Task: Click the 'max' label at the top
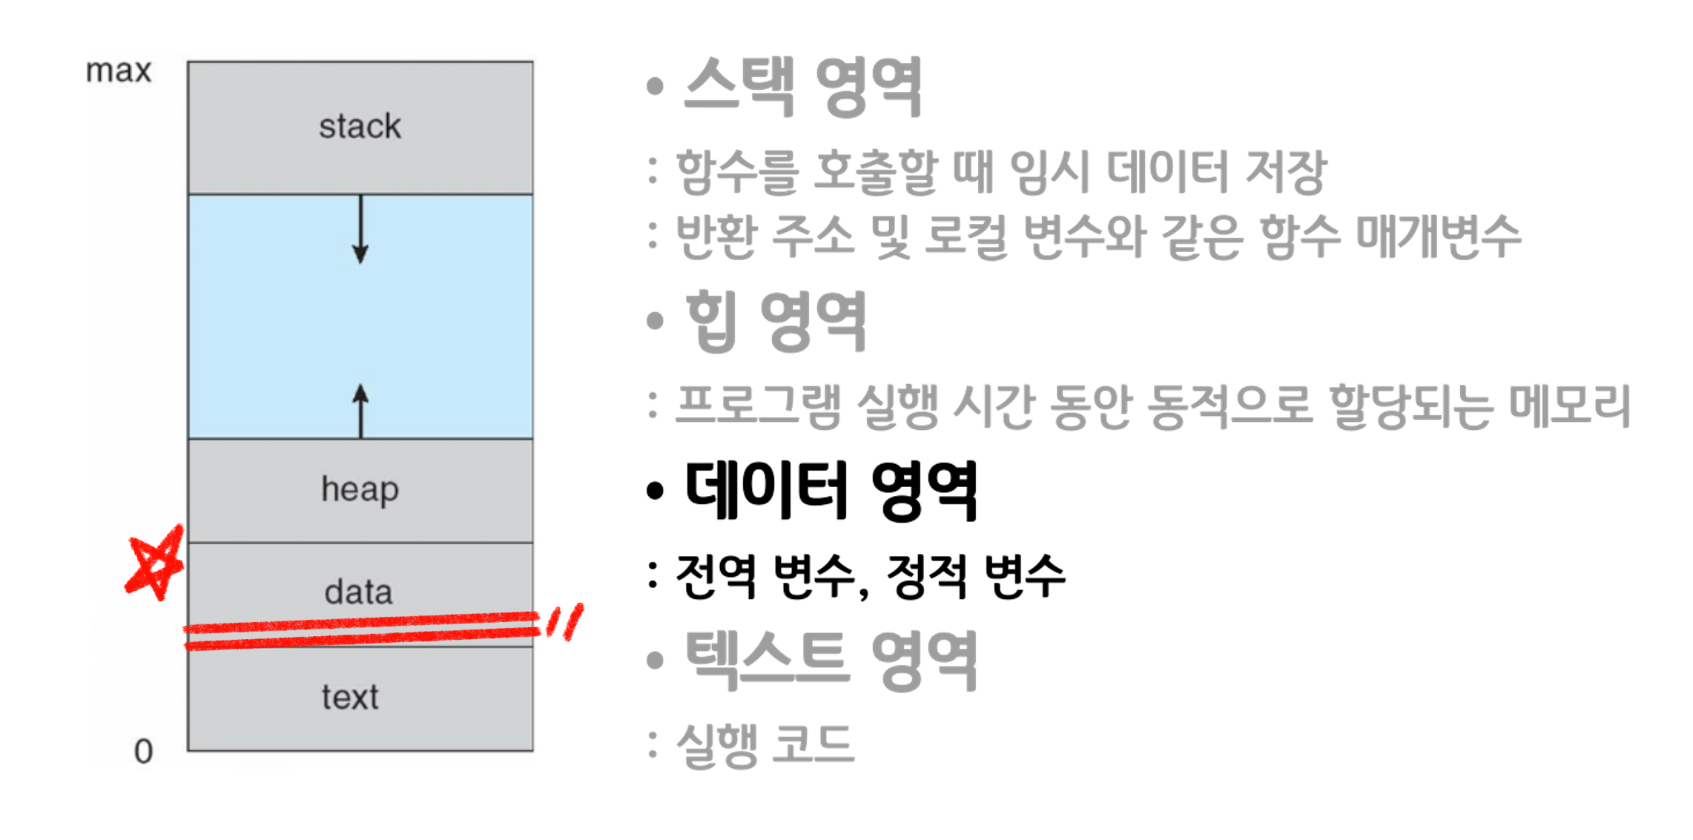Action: [119, 72]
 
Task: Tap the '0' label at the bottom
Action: [143, 751]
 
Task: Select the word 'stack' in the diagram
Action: [360, 127]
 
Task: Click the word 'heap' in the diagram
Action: [360, 490]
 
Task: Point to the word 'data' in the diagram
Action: [358, 592]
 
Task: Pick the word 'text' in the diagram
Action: [350, 697]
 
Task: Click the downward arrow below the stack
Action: [360, 230]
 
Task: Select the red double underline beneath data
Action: [363, 630]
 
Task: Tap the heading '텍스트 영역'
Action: [831, 659]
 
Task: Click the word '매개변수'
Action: [1438, 237]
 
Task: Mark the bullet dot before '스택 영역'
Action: [654, 86]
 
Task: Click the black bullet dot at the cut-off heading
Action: [654, 490]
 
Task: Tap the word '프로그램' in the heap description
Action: [759, 406]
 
